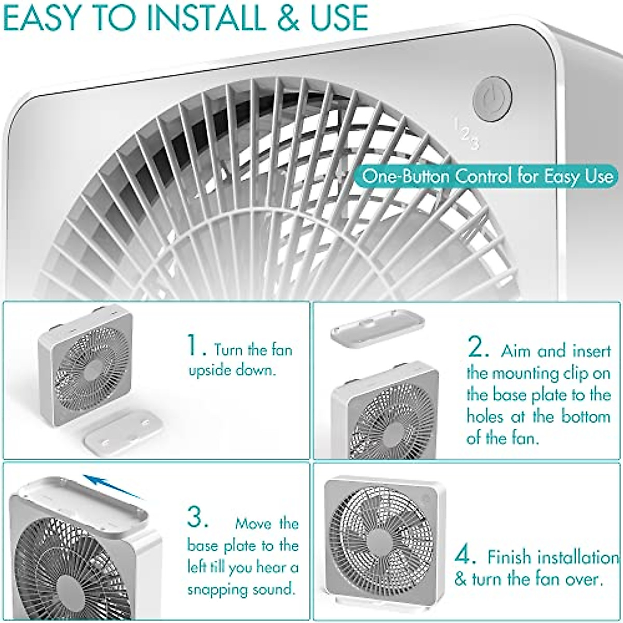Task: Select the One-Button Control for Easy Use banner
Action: coord(487,177)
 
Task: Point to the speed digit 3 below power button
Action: coord(474,142)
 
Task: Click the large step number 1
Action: coord(193,346)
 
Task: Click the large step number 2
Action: coord(477,348)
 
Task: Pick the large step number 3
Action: coord(197,518)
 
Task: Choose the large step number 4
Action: coord(465,556)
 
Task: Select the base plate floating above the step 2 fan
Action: coord(377,326)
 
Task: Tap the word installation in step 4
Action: coord(577,558)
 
